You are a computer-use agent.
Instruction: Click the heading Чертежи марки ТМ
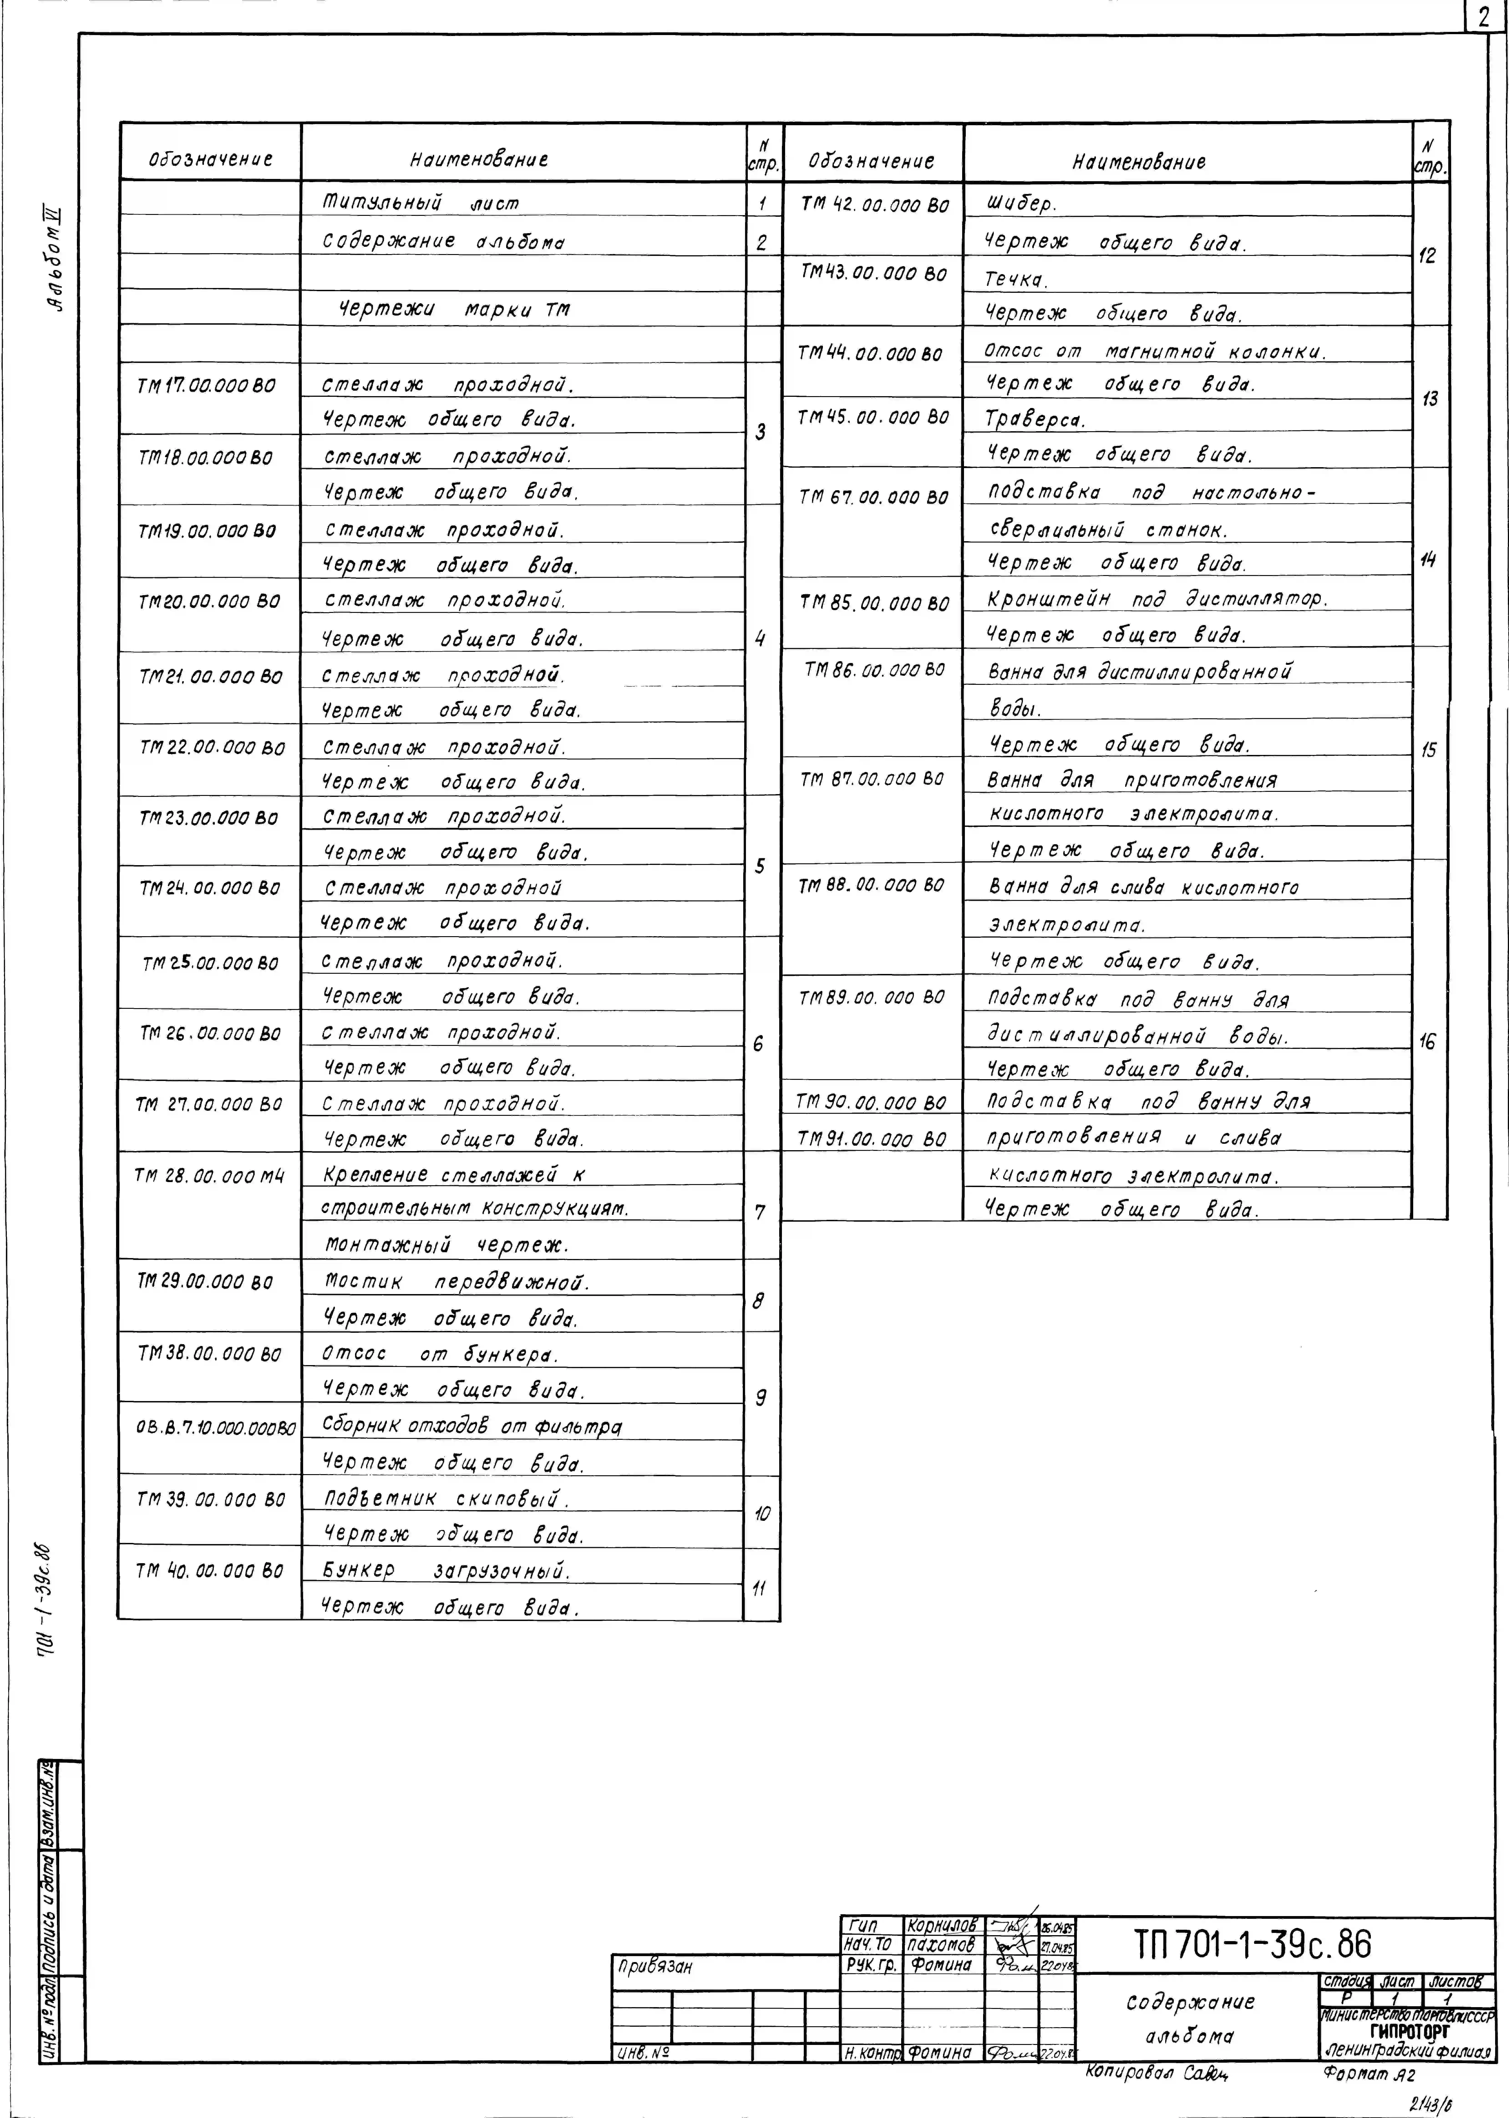click(x=452, y=309)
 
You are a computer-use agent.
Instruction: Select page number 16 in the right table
click(x=1427, y=1042)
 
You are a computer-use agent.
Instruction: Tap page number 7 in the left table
click(x=760, y=1212)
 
